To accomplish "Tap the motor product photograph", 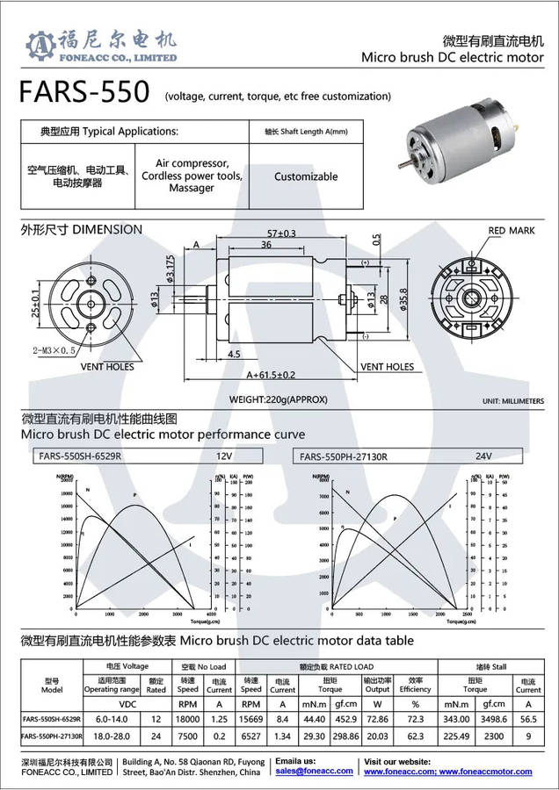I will coord(462,151).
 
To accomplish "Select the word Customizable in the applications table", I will coord(306,176).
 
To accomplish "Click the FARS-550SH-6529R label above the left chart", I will coord(80,456).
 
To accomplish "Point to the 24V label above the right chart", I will coord(483,456).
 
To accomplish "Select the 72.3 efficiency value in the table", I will coord(416,719).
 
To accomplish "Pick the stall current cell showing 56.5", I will coord(529,719).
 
